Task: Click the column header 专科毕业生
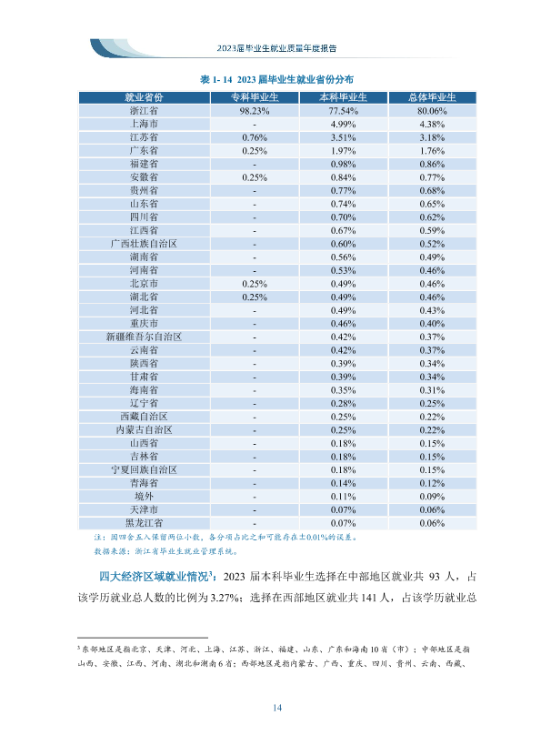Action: pos(255,97)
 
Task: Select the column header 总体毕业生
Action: pos(432,97)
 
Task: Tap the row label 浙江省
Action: pos(144,111)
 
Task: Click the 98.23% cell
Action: pos(255,111)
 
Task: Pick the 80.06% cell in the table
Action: pos(432,111)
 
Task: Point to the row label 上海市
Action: pos(144,125)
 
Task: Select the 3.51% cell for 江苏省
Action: pos(344,138)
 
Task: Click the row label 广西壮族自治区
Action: pos(144,244)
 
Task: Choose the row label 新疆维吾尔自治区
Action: pos(144,337)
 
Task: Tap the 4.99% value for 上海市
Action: pos(344,125)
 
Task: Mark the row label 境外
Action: pos(144,497)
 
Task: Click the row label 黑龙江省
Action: pos(144,523)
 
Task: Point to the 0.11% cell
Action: pos(344,497)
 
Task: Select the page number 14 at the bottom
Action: pos(277,708)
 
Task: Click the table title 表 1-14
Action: pos(215,80)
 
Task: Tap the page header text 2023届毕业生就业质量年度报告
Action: pos(276,48)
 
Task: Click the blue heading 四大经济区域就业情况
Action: pos(154,577)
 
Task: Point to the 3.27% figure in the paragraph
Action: pos(225,598)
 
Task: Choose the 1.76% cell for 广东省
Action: pos(432,151)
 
